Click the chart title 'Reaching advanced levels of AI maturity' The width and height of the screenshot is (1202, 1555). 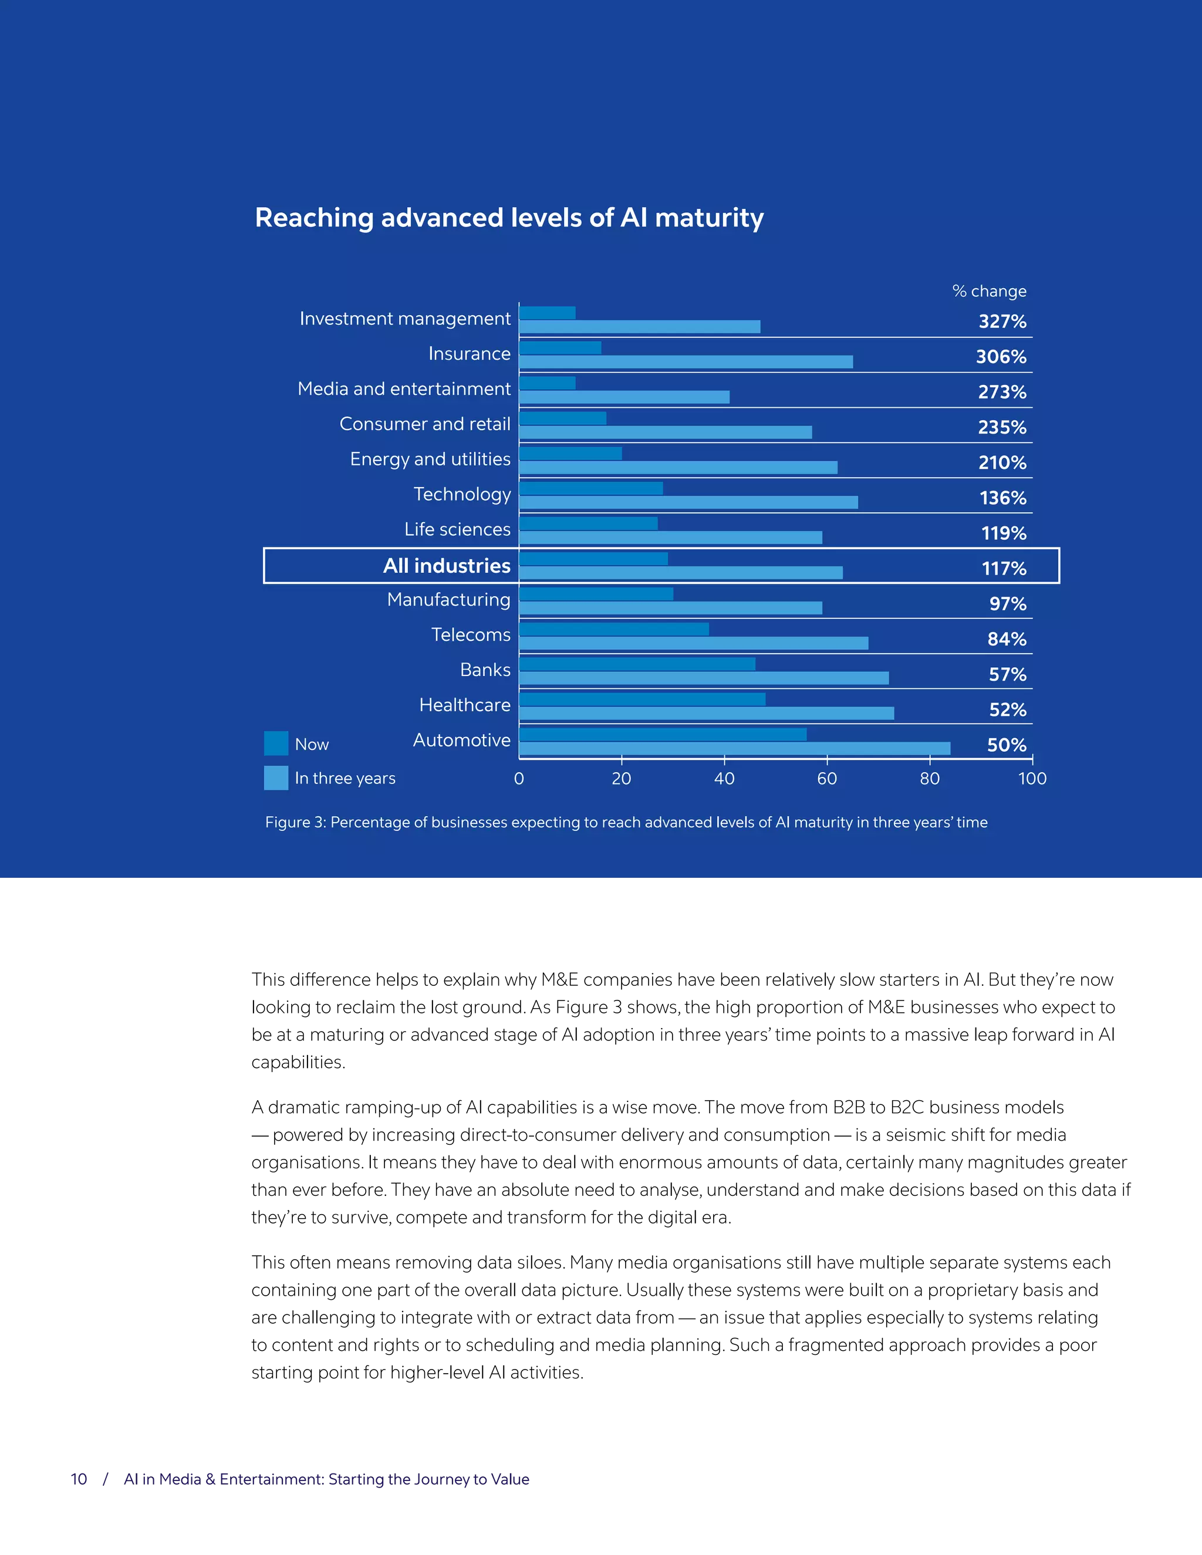tap(509, 218)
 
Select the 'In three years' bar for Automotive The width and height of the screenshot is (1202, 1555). tap(734, 748)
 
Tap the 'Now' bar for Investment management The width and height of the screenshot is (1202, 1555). tap(547, 313)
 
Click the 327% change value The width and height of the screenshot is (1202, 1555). tap(1002, 322)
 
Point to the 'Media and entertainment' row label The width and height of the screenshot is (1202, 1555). tap(404, 388)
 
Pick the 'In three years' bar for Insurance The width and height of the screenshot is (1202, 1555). tap(686, 361)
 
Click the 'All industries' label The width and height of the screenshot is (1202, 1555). tap(447, 565)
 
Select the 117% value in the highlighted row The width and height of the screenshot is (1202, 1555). tap(1003, 569)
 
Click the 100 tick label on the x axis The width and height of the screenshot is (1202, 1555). tap(1032, 779)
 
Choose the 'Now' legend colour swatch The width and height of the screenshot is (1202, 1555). tap(276, 743)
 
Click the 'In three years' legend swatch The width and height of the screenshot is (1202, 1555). tap(276, 777)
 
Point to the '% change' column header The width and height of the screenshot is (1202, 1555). tap(989, 291)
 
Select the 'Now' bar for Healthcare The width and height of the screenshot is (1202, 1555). tap(641, 699)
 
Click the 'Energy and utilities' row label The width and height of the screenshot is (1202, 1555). tap(430, 459)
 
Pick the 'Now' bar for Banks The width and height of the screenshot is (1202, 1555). tap(637, 664)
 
